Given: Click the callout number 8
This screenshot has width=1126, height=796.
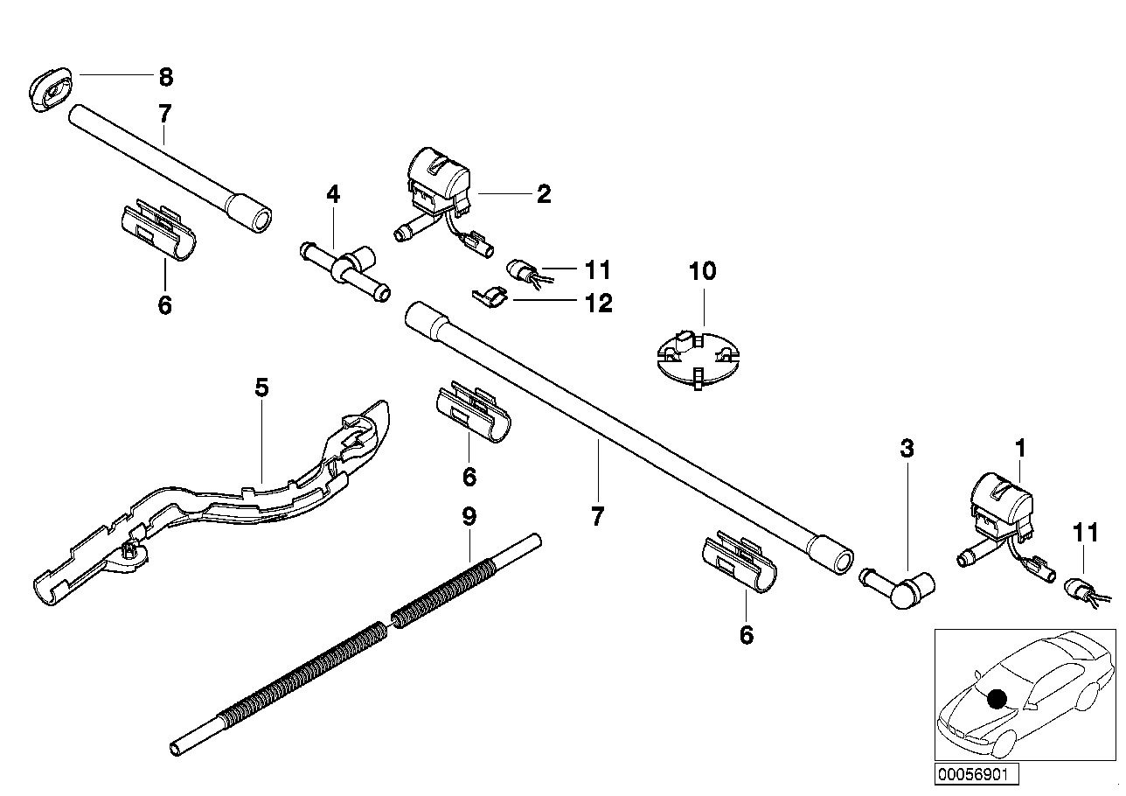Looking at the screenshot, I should tap(165, 77).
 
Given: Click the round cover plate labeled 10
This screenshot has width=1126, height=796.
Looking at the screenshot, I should tap(698, 356).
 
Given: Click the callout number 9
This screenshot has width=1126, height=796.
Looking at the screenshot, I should tap(469, 516).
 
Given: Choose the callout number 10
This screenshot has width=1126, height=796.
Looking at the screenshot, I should tap(702, 271).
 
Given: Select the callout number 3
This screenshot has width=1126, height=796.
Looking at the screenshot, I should tap(907, 450).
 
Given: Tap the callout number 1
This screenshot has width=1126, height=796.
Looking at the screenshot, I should tap(1019, 449).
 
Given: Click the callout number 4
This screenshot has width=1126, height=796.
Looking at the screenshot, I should tap(333, 193).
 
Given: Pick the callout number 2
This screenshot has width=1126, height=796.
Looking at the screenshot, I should tap(544, 193).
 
